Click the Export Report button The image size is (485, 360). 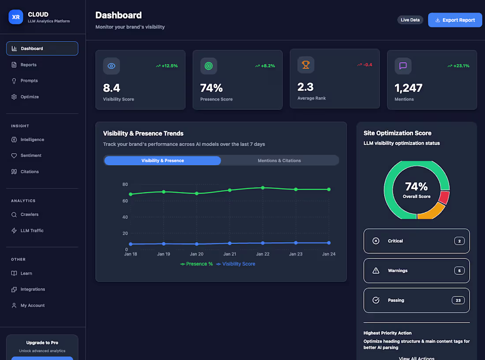pos(455,20)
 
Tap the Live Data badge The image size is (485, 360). pos(410,20)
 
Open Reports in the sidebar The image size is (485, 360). pos(28,65)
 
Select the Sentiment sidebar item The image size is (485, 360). pos(31,156)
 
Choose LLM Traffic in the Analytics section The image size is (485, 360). pos(32,231)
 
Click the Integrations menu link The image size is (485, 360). pos(33,289)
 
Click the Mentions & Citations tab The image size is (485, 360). pos(279,161)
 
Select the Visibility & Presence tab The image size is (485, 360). pos(163,161)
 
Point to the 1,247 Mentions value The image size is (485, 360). pos(408,88)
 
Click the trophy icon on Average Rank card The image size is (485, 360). pos(306,65)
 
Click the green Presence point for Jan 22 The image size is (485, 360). pos(263,188)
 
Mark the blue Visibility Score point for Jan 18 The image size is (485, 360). pos(131,244)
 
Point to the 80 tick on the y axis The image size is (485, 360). pos(125,184)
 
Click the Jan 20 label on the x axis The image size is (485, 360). pos(197,254)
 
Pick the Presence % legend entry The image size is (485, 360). pos(197,264)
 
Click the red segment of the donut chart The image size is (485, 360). pos(444,197)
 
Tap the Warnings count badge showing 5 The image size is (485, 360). pos(459,270)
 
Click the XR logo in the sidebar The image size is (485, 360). pos(16,17)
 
